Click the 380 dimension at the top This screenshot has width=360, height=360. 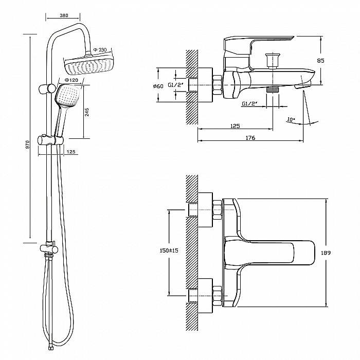coord(64,15)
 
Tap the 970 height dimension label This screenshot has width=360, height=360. coord(28,145)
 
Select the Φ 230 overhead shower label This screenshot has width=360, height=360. coord(100,50)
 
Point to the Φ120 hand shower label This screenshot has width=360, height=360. coord(71,80)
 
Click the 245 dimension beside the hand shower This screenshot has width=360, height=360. coord(87,112)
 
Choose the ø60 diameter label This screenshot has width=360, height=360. coord(158,86)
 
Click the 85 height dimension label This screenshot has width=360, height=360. coord(320,61)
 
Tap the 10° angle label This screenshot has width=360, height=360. coord(291,120)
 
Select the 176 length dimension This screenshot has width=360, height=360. coord(250,138)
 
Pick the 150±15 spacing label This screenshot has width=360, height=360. coord(169,250)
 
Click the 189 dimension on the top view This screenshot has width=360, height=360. coord(326,253)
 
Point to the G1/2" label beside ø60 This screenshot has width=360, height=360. coord(176,85)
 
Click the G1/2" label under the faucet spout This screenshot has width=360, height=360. coord(249,103)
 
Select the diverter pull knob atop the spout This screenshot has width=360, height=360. coord(273,60)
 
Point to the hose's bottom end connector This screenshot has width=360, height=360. coord(51,348)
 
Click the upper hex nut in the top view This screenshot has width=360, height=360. coord(217,210)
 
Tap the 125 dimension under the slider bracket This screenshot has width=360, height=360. coord(71,152)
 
